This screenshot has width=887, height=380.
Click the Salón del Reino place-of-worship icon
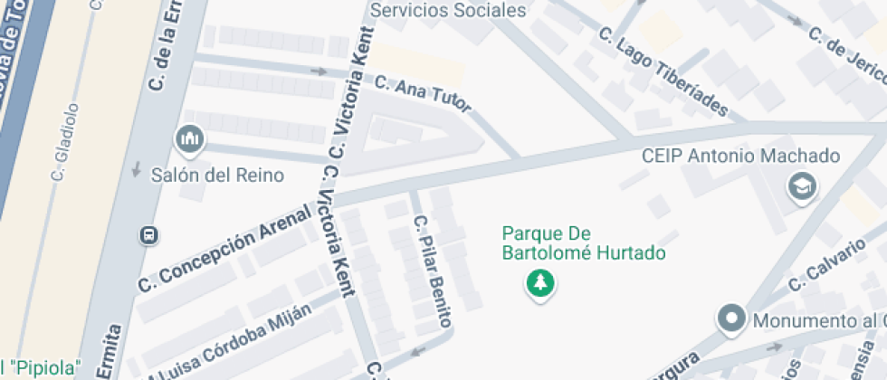[x=189, y=139]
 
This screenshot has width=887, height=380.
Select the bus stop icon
[x=148, y=235]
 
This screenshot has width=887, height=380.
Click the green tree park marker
[x=540, y=283]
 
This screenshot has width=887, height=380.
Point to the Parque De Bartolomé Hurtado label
[x=584, y=243]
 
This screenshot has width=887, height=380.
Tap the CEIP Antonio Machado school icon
[x=802, y=187]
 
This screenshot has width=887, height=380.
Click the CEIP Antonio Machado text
[x=740, y=156]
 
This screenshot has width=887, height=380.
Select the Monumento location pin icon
[x=730, y=319]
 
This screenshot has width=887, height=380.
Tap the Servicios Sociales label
[x=449, y=11]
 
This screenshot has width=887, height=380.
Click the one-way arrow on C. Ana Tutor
[x=318, y=71]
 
